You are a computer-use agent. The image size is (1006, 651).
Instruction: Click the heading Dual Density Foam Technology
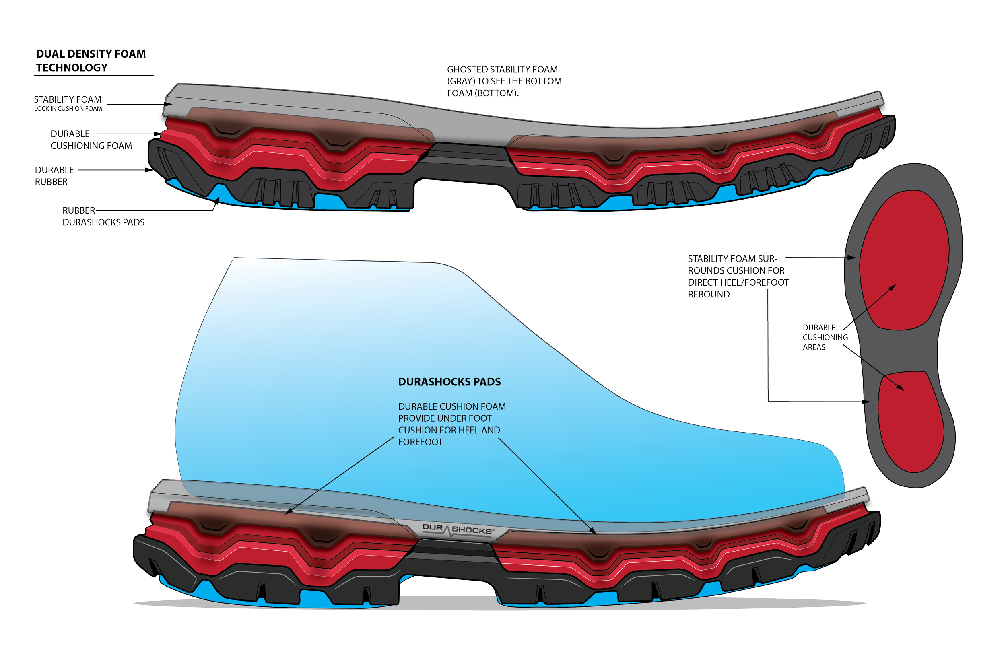[91, 60]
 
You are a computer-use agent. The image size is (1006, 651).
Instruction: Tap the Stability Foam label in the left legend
[68, 99]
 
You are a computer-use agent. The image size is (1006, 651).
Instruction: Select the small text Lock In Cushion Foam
[68, 109]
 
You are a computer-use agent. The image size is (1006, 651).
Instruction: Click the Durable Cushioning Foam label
[91, 140]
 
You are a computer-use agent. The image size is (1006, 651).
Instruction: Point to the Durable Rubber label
[54, 176]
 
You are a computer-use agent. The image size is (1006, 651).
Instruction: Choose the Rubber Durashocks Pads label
[103, 216]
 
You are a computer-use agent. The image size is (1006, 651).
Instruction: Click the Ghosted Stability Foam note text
[504, 81]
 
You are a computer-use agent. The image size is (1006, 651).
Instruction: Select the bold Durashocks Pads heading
[449, 382]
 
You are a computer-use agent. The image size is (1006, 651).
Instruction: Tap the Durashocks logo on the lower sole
[456, 529]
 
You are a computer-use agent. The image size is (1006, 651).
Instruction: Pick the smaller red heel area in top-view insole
[911, 423]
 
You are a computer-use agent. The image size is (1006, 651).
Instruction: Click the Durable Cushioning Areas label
[825, 337]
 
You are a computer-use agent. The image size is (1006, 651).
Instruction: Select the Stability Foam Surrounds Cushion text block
[738, 276]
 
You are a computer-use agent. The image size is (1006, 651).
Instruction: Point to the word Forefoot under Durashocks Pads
[420, 442]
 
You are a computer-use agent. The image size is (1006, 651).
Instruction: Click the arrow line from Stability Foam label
[135, 104]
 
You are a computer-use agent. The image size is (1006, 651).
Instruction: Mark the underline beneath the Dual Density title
[93, 76]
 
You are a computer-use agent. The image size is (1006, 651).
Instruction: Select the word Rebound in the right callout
[709, 294]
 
